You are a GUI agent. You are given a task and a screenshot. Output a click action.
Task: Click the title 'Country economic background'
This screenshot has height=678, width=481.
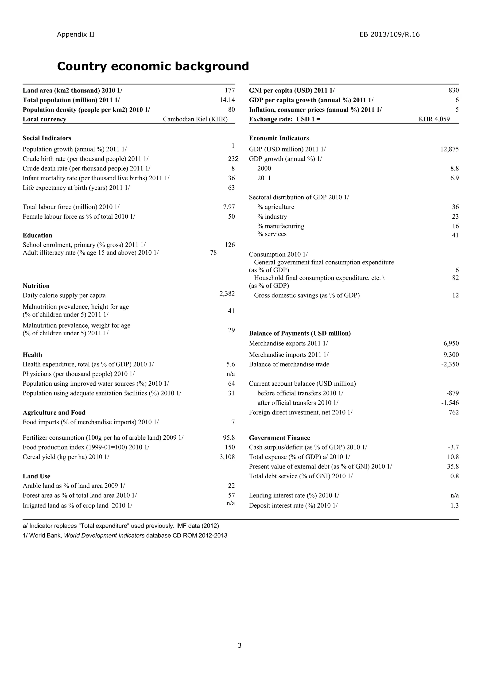(153, 66)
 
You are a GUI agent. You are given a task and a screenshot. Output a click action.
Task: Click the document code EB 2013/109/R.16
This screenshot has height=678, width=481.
(389, 34)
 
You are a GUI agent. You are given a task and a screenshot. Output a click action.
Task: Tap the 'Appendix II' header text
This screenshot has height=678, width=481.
(76, 34)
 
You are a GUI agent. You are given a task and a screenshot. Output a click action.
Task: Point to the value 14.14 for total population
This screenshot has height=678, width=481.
(227, 100)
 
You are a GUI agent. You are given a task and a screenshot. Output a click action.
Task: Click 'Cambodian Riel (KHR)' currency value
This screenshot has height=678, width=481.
(195, 119)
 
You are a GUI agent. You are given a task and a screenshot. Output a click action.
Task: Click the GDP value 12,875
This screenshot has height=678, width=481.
(449, 149)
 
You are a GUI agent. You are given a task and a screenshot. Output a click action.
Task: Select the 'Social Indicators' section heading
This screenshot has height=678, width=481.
(47, 138)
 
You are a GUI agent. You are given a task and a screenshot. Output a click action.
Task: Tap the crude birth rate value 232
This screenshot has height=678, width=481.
(233, 159)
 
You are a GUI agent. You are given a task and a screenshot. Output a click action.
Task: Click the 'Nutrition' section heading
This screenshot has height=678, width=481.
(36, 286)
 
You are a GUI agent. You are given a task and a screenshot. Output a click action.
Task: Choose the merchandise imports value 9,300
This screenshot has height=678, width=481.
(451, 355)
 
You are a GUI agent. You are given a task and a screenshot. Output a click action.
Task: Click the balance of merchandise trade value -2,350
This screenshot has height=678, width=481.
(450, 364)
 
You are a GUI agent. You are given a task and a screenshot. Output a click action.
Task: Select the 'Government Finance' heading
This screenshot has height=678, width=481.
(279, 438)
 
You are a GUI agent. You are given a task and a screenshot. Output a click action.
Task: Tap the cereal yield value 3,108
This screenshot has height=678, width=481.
(227, 457)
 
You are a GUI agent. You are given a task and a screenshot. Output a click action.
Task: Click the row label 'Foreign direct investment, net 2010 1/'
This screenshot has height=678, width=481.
(301, 412)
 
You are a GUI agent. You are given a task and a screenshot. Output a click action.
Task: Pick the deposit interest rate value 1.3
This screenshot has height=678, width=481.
(455, 506)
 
